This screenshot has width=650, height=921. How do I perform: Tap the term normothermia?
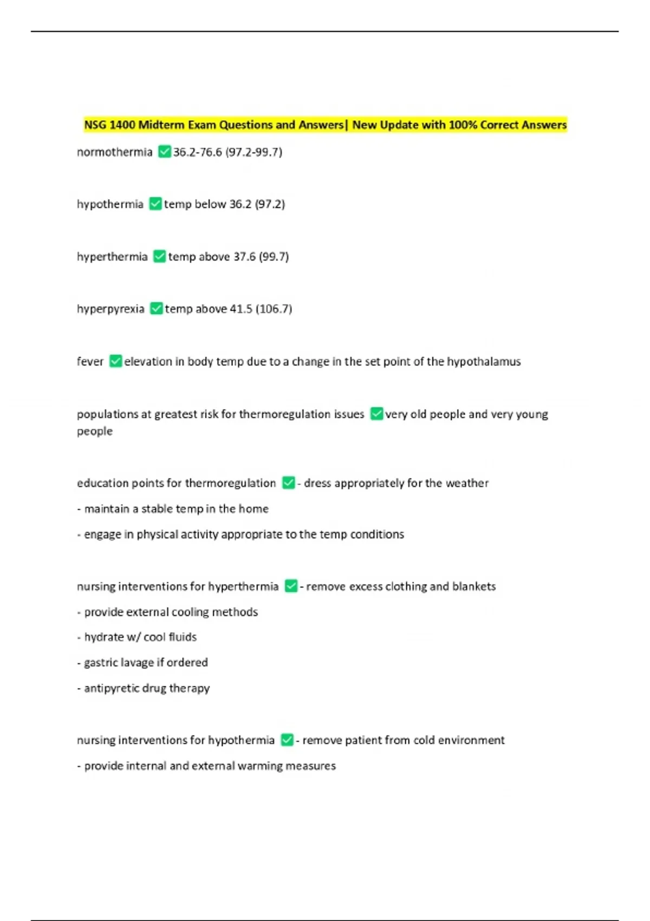click(x=114, y=152)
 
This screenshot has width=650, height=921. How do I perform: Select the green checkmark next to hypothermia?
click(x=155, y=204)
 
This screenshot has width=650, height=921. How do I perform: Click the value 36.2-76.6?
click(x=197, y=152)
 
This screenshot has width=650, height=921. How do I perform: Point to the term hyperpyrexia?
click(x=110, y=309)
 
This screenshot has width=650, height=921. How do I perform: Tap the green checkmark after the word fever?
click(x=115, y=361)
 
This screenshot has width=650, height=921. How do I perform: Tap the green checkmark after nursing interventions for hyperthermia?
click(x=291, y=586)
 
